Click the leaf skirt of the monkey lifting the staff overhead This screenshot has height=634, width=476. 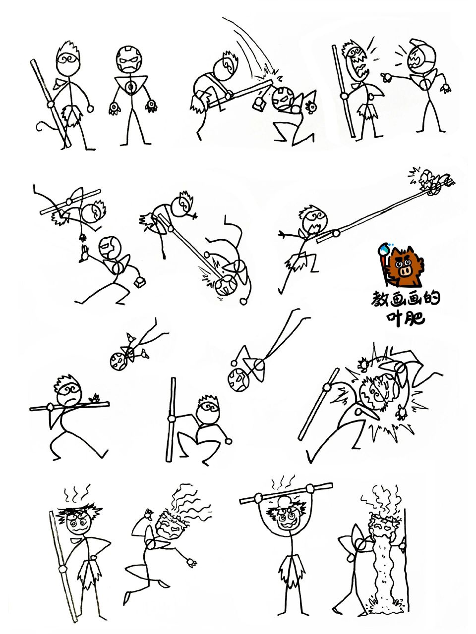point(290,570)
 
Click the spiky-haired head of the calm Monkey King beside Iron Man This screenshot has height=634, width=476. point(68,59)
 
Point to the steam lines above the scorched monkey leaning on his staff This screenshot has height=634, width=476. point(77,493)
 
